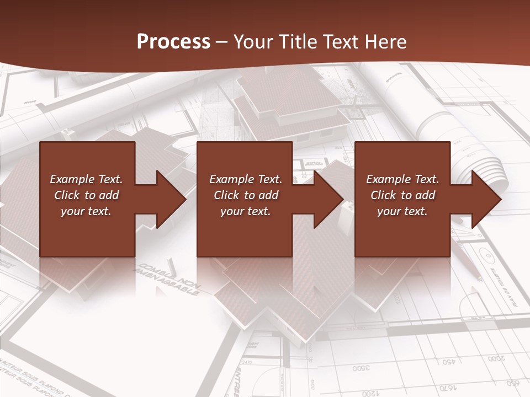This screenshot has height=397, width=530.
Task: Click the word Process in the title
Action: [173, 42]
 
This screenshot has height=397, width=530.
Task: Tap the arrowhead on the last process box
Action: [485, 199]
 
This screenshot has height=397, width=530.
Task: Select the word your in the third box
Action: [389, 211]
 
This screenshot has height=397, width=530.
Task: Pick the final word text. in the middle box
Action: [258, 211]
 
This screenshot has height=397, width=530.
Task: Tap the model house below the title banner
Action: [290, 105]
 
